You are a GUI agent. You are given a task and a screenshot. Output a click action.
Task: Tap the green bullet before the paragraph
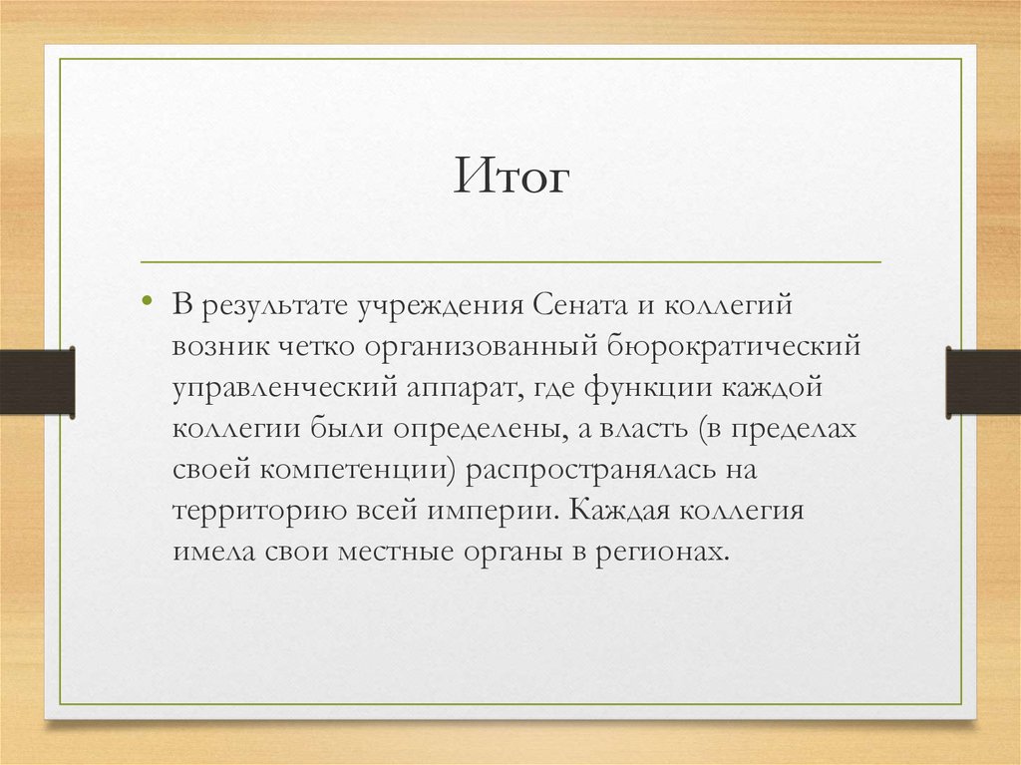point(148,300)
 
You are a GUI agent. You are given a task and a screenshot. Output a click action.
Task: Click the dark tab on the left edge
point(37,381)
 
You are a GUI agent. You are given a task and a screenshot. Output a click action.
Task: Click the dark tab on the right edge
point(983,381)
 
